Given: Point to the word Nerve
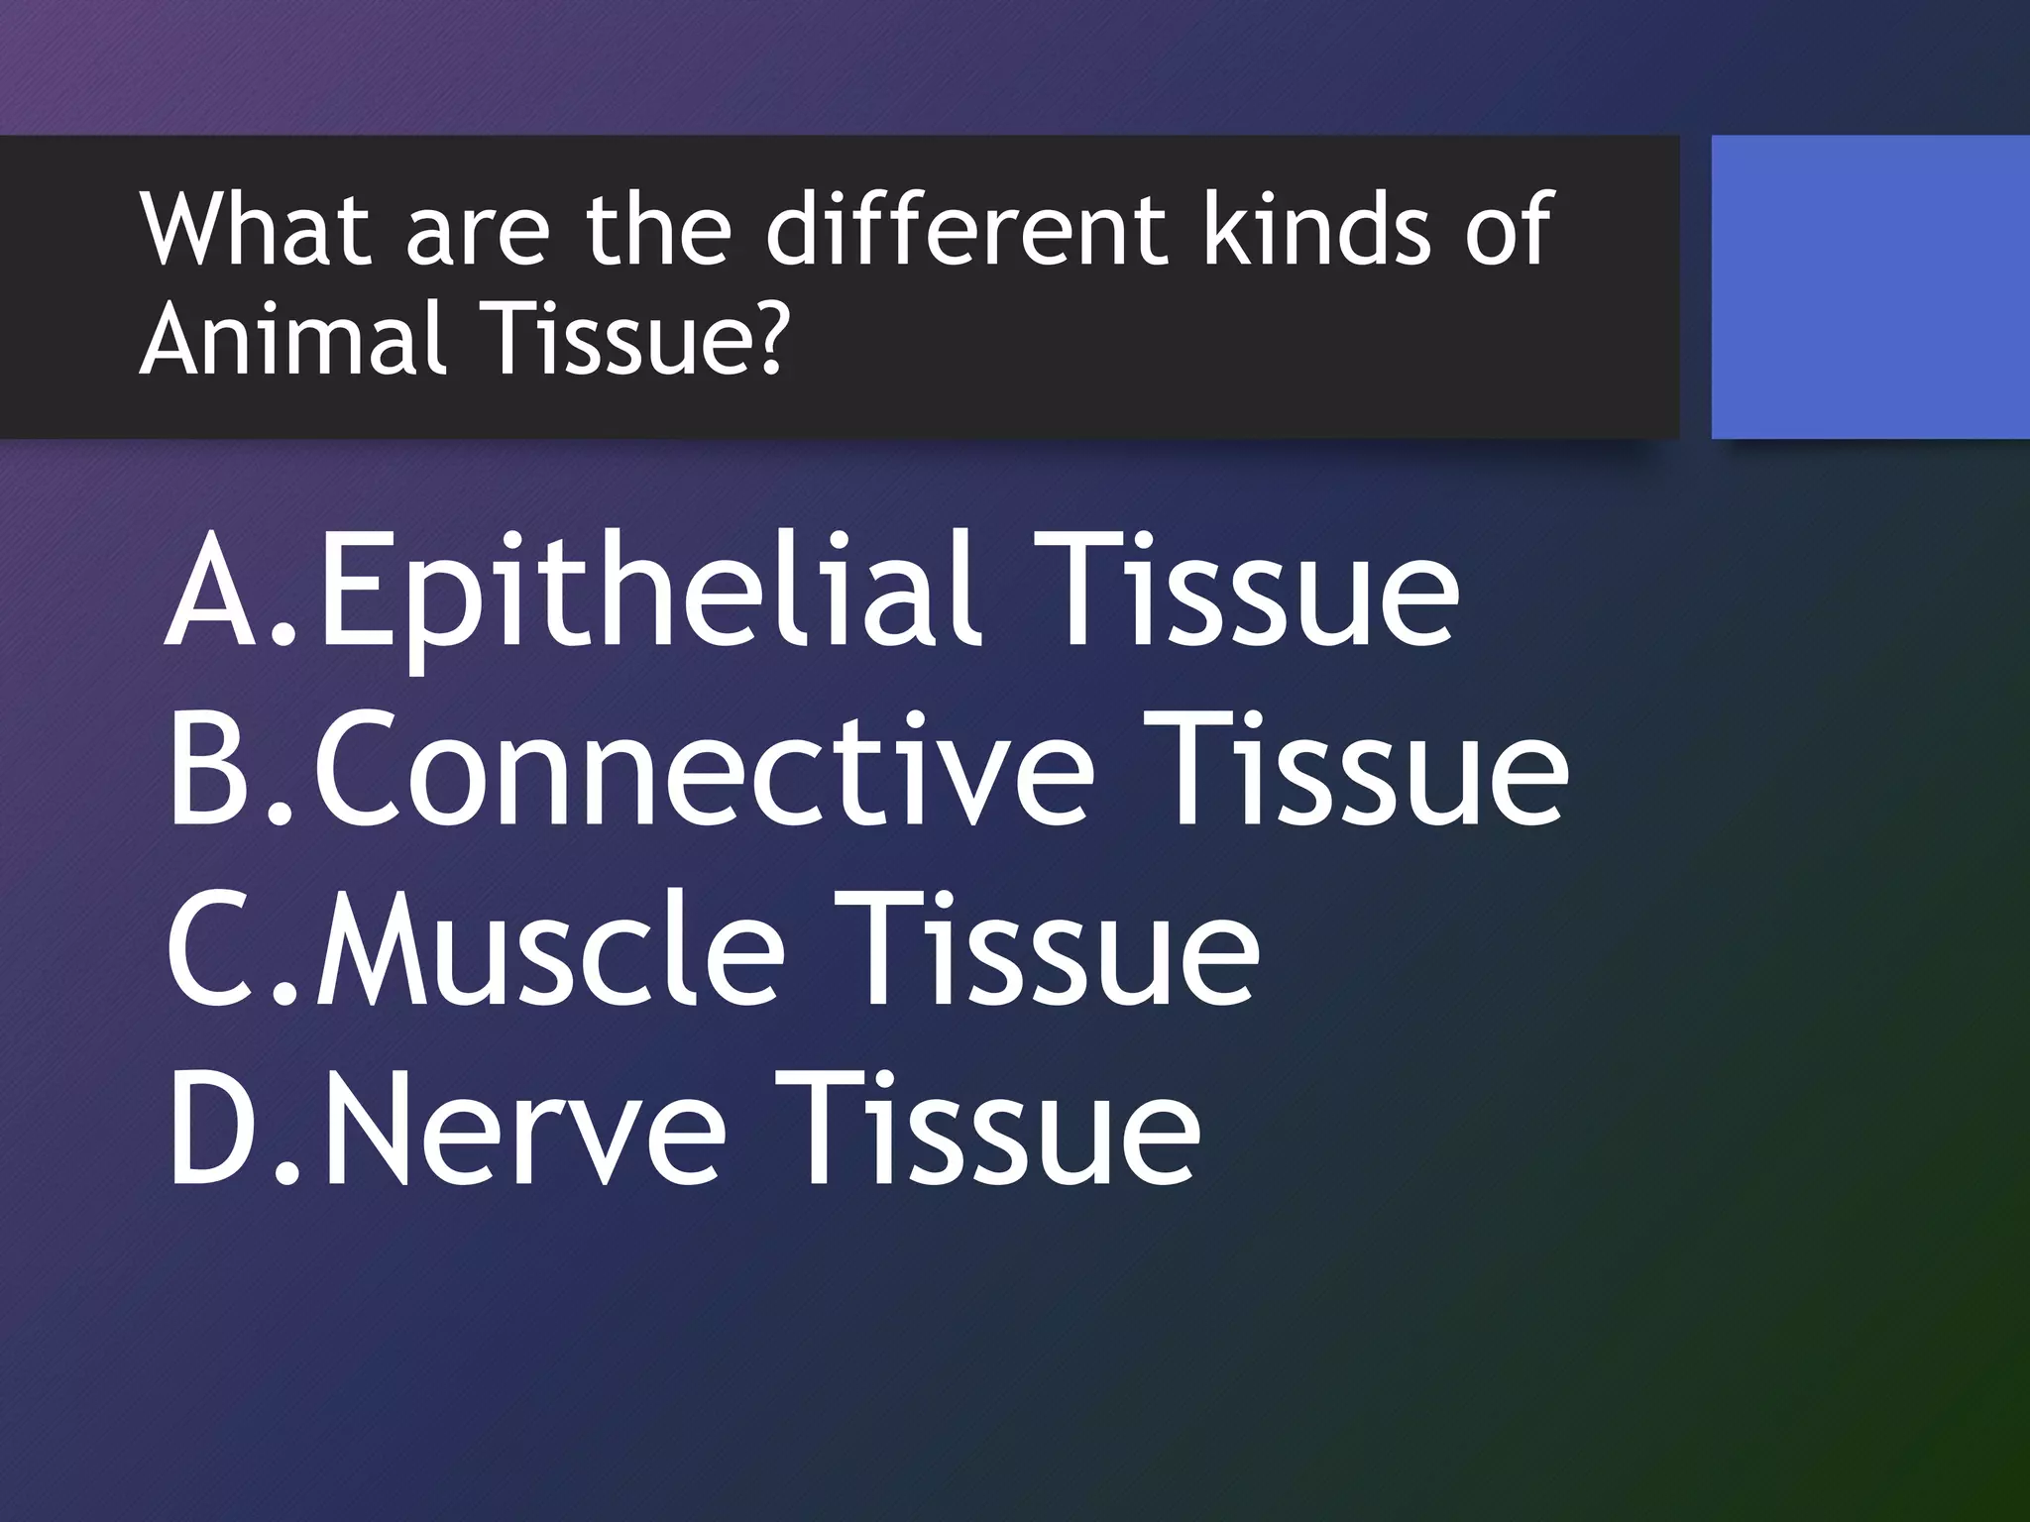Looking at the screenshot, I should (520, 1130).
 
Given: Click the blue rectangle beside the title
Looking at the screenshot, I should (1869, 287).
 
